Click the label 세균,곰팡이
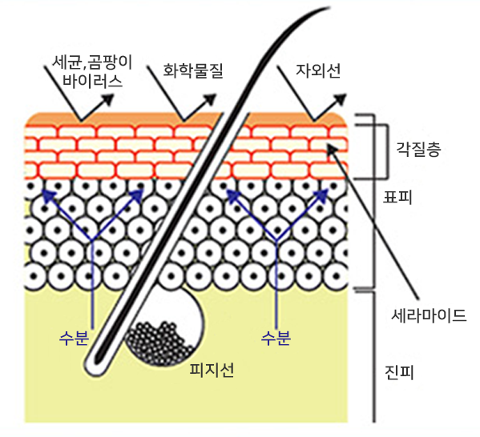pos(92,62)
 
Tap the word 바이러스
pos(92,81)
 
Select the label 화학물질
pos(193,70)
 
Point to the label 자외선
pos(318,70)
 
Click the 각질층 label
pos(419,149)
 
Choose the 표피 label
pos(397,197)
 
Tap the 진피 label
pos(399,373)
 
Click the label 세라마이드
pos(429,315)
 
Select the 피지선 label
pos(212,370)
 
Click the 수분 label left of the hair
pos(74,339)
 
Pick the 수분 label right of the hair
pos(276,339)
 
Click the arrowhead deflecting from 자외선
pos(340,100)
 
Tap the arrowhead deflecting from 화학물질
pos(210,100)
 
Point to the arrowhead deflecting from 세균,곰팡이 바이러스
pos(107,100)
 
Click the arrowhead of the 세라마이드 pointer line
pos(332,149)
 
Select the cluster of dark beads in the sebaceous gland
pos(159,344)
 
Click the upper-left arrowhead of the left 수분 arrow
pos(49,195)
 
